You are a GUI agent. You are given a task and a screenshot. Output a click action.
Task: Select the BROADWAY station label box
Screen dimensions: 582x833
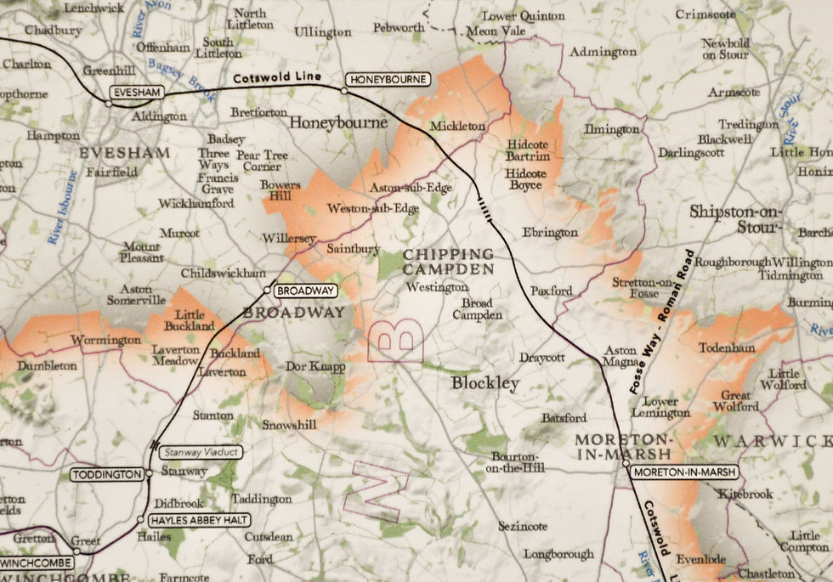click(304, 291)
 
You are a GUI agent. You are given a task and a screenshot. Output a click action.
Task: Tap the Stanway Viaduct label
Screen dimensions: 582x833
click(201, 453)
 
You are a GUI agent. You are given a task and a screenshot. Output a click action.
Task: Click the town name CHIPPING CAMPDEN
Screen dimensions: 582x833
click(448, 262)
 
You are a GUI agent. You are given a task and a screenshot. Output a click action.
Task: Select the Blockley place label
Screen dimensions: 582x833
click(484, 384)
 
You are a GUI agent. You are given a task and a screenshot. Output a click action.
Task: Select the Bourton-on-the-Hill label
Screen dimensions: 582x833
click(517, 461)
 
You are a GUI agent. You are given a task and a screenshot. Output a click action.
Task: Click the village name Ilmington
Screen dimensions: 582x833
click(611, 129)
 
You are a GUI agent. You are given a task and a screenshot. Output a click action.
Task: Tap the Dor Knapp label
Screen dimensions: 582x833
click(315, 367)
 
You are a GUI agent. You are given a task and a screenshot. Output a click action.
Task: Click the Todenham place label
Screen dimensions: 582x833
click(727, 348)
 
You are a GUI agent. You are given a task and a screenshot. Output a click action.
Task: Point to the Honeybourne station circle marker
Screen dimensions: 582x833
click(344, 89)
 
